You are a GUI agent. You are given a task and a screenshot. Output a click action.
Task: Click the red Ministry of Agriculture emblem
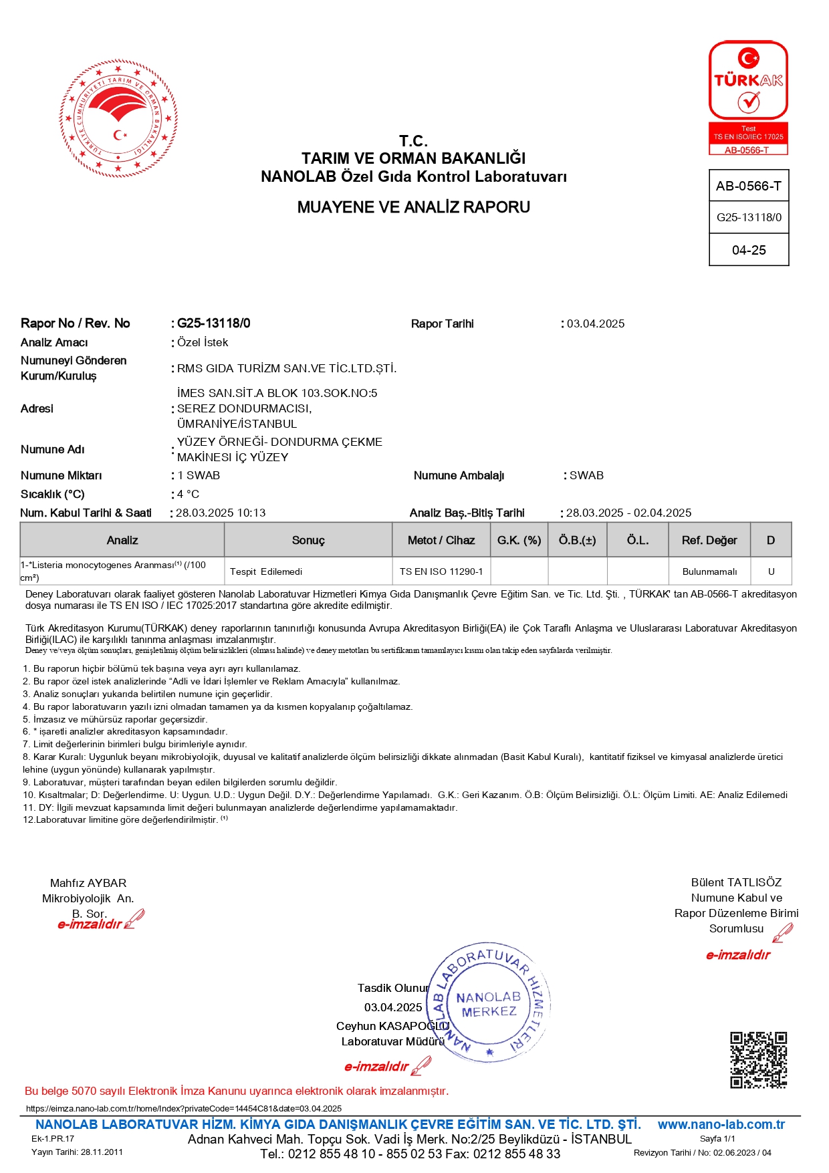[118, 118]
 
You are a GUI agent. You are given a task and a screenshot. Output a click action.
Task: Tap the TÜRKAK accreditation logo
[748, 97]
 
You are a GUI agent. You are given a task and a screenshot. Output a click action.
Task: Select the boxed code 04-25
[749, 250]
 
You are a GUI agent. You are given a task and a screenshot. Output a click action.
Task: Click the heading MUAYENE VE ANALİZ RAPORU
[413, 207]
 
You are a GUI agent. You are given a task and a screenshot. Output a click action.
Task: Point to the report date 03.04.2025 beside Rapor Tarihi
[596, 323]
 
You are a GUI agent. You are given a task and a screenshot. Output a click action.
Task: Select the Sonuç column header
[308, 540]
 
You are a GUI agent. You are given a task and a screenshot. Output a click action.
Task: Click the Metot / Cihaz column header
[441, 540]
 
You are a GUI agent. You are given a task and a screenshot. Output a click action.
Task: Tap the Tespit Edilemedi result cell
[266, 571]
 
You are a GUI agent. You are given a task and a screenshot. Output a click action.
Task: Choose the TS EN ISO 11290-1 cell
[441, 571]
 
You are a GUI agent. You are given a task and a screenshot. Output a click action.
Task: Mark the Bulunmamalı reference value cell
[709, 571]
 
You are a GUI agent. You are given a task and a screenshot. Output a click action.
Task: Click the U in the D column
[771, 571]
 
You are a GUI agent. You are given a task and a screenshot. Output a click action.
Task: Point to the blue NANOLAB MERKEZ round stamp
[489, 1005]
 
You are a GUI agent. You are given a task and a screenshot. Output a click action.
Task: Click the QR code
[758, 1060]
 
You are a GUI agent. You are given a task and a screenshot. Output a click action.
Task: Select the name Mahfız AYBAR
[88, 883]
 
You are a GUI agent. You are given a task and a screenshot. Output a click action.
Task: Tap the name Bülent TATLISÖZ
[736, 882]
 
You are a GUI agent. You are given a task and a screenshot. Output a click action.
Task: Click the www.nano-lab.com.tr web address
[721, 1124]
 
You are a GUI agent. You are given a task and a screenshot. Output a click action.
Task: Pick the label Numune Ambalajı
[459, 475]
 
